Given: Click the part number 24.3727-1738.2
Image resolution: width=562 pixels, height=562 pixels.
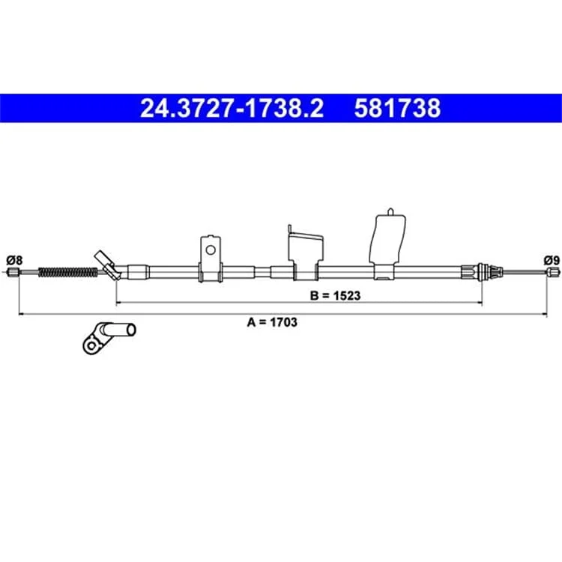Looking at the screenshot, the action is (232, 109).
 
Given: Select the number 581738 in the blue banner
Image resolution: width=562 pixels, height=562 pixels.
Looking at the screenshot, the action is (397, 109).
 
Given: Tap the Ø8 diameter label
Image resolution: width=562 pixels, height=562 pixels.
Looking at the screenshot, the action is (14, 260).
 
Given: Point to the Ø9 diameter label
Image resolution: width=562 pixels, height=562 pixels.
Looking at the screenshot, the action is (552, 260).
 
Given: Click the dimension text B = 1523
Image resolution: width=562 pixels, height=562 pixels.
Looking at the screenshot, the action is (335, 296).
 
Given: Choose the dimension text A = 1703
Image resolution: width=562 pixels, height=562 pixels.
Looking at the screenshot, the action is (272, 322).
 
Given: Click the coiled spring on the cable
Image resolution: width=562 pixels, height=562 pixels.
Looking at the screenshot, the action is (67, 273).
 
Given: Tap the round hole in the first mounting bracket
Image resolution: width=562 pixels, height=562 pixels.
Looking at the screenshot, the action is (211, 250).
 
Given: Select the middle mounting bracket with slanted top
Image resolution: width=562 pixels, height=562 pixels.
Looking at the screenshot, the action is (306, 253).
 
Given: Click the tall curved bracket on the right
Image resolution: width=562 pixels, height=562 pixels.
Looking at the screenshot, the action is (387, 244).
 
